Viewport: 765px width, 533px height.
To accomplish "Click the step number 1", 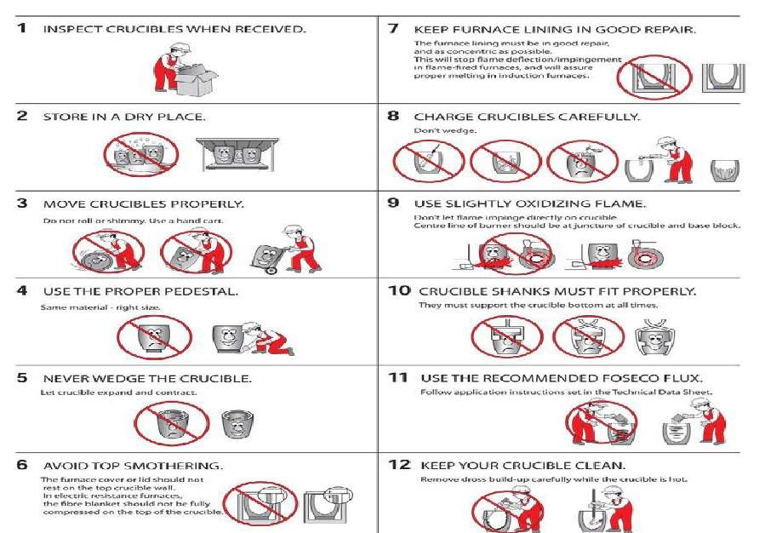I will (22, 29).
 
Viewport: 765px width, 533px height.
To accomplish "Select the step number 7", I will (393, 29).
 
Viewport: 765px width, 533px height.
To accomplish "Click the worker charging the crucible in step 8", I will (674, 160).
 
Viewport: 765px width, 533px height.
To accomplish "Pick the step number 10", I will (399, 291).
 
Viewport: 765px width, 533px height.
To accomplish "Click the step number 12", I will (399, 466).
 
